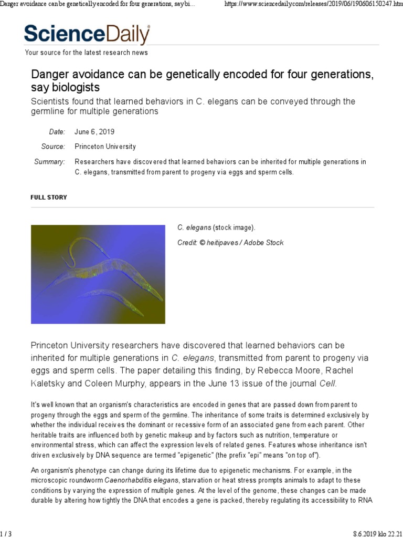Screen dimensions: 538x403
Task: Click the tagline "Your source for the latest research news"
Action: pos(87,53)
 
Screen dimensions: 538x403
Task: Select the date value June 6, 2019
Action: pos(94,132)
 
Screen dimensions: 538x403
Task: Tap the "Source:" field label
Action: pos(53,147)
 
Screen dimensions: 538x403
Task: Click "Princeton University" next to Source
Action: pos(105,147)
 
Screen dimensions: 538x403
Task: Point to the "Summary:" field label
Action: pos(50,162)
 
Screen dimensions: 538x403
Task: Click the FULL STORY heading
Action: pos(49,197)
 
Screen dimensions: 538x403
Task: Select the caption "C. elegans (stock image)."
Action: pos(216,227)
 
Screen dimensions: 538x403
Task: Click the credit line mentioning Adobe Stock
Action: pos(230,243)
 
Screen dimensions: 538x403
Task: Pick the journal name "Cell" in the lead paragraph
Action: pos(327,384)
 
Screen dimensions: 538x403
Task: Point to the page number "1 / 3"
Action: pos(6,533)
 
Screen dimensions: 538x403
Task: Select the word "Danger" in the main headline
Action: pos(50,74)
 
